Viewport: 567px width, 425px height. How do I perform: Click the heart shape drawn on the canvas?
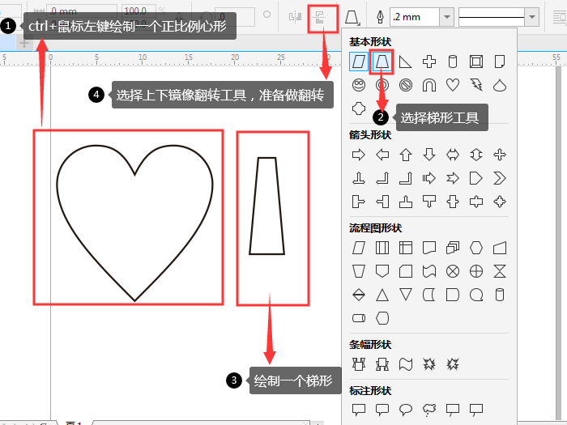pos(134,219)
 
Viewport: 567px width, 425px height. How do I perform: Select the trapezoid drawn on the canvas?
pos(266,206)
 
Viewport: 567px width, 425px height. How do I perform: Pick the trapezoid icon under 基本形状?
pos(382,61)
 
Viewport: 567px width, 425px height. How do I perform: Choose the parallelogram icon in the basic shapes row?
pos(358,61)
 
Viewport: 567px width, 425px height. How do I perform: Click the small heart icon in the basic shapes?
pos(453,84)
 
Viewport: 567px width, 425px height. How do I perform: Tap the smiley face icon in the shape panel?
pos(358,84)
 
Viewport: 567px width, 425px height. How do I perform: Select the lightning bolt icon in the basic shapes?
pos(476,84)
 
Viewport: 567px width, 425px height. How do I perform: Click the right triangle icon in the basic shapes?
pos(405,61)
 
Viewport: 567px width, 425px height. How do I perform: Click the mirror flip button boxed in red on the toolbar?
pos(323,17)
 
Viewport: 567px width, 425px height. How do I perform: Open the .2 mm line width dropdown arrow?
pos(446,17)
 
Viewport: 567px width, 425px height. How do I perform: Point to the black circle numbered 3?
pos(233,380)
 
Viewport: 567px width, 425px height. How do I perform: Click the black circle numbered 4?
pos(96,95)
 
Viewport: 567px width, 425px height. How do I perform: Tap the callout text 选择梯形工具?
pos(439,117)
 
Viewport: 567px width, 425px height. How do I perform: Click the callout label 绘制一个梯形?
pos(292,380)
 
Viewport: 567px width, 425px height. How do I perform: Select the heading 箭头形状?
pos(370,135)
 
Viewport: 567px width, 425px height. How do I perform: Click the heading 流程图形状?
pos(375,228)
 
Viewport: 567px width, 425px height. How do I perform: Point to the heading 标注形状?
pos(370,390)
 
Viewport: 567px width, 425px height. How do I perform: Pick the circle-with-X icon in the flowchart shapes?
pos(453,270)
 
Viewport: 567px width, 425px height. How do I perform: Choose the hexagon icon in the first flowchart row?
pos(476,247)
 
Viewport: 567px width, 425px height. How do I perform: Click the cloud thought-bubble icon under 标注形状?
pos(429,409)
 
